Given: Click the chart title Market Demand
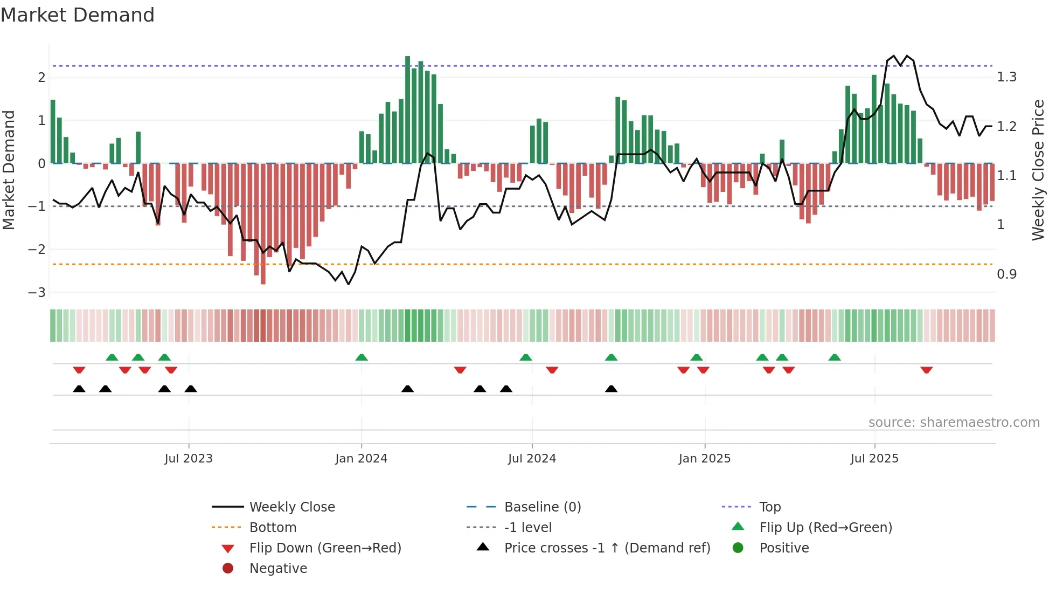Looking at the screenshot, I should click(x=78, y=15).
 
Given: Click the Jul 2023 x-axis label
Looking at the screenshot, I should click(x=189, y=459).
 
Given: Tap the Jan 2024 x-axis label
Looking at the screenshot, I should click(x=361, y=459).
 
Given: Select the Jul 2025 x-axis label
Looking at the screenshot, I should click(x=874, y=459).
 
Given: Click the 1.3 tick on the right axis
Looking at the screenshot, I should click(x=1006, y=77).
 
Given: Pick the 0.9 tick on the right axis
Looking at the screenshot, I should click(x=1006, y=274).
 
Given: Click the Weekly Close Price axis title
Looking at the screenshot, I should click(x=1038, y=170).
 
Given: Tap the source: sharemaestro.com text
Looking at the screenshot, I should click(x=954, y=423).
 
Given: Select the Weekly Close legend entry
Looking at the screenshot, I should click(x=291, y=507).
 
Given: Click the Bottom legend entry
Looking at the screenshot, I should click(x=273, y=528).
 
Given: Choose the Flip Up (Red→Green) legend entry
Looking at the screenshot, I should click(x=825, y=528).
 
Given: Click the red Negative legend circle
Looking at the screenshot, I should click(x=228, y=569).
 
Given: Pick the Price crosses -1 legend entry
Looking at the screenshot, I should click(x=607, y=548).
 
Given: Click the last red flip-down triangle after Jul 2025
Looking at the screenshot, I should click(x=927, y=370).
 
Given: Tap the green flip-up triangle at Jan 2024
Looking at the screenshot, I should click(x=362, y=358).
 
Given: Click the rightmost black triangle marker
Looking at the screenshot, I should click(x=611, y=389).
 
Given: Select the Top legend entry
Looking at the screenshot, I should click(x=769, y=507).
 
